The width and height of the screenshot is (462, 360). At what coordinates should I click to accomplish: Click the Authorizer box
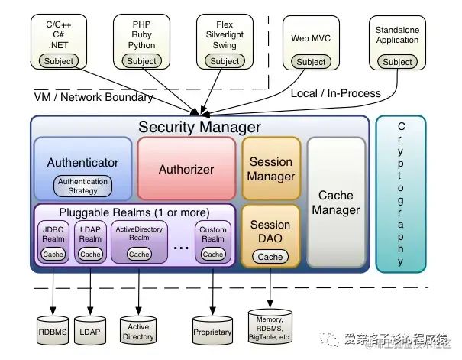tap(186, 169)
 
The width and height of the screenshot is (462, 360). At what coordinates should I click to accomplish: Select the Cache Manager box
tap(336, 203)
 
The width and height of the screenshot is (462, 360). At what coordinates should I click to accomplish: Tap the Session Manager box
tap(270, 169)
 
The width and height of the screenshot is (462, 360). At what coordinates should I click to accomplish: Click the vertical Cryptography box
tap(401, 194)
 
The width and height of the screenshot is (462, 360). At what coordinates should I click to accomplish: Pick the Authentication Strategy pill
tap(83, 186)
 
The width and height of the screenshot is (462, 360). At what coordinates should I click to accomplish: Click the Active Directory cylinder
tap(138, 329)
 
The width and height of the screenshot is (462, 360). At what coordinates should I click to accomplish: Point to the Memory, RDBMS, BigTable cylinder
tap(270, 326)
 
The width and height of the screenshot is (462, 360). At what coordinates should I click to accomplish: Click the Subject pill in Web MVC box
tap(311, 62)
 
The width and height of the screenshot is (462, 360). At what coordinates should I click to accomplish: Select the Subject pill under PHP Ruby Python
tap(141, 61)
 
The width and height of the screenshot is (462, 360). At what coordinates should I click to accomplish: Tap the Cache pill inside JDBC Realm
tap(53, 254)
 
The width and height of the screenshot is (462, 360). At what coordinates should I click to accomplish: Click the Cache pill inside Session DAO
tap(270, 257)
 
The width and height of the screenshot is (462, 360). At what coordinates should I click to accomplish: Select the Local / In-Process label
tap(335, 93)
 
